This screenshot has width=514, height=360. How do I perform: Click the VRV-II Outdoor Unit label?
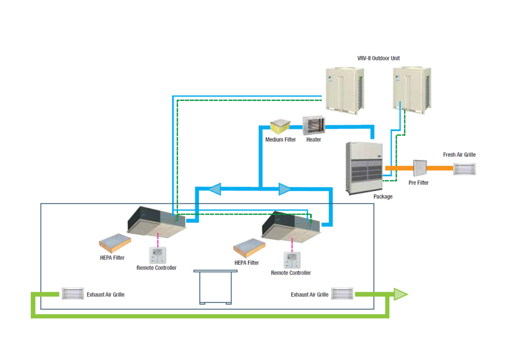coord(378,58)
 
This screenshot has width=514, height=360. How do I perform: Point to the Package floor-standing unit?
coord(366,167)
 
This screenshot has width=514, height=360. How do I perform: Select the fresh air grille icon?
coord(465,169)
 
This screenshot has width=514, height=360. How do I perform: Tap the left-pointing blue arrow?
coord(214,189)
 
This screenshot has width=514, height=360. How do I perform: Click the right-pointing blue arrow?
coord(285,189)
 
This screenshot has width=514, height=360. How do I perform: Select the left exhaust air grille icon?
coord(72,294)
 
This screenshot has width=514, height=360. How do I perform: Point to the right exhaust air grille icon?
coord(342,294)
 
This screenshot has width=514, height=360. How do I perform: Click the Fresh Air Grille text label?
coord(459,155)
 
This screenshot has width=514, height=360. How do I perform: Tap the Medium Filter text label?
coord(281,139)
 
